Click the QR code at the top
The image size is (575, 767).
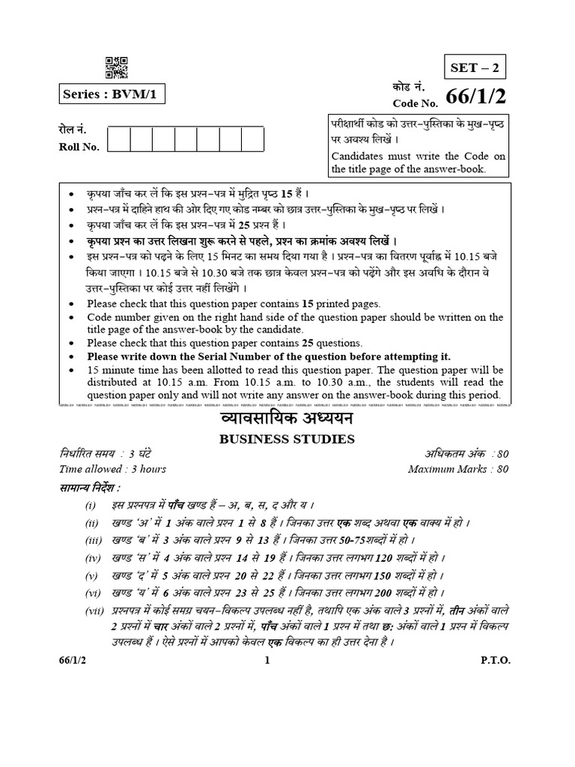pos(115,67)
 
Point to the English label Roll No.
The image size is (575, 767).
pos(79,147)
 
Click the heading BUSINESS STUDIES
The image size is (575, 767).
pos(287,439)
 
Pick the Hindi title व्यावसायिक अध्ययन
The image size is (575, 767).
pos(287,419)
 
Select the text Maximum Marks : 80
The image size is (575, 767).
pos(458,470)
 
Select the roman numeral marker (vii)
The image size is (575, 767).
pos(96,613)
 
